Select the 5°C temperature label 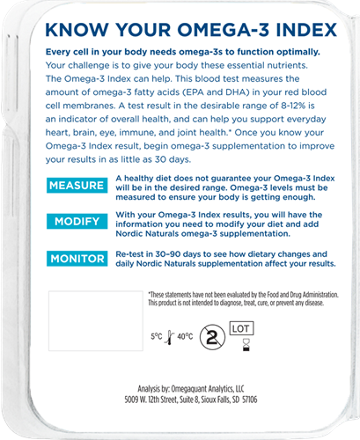[156, 336]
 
